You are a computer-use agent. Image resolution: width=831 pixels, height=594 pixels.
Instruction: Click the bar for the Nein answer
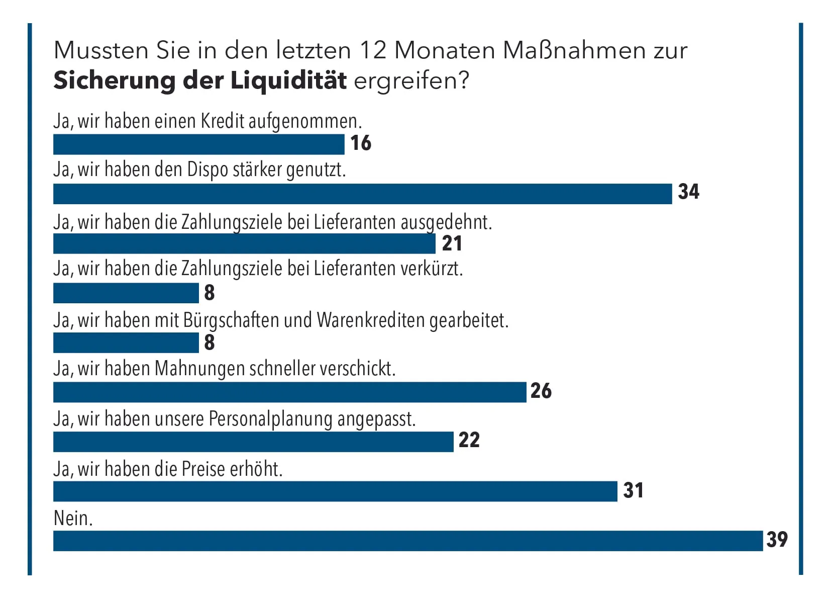point(407,541)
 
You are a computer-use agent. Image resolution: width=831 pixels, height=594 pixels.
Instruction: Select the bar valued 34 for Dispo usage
point(362,194)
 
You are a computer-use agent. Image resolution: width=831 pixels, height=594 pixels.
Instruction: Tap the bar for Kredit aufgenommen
point(198,144)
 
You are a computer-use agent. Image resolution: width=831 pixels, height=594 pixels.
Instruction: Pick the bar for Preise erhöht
point(335,491)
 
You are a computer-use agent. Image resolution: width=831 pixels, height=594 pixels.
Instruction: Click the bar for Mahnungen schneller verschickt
point(289,392)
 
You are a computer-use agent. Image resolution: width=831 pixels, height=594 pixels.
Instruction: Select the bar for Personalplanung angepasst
point(253,442)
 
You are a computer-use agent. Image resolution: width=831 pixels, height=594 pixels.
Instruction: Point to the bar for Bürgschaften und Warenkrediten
point(126,343)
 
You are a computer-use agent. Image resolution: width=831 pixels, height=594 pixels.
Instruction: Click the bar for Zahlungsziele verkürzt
point(126,293)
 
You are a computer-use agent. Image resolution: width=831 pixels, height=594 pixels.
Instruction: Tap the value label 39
point(777,540)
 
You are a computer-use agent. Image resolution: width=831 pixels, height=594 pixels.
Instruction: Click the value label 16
point(361,143)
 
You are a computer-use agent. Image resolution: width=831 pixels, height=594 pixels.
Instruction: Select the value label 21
point(452,243)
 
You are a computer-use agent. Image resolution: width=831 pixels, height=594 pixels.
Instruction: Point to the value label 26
point(541,391)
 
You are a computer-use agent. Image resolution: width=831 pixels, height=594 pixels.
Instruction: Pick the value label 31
point(633,490)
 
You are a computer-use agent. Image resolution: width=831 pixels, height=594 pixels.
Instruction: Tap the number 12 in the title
point(372,50)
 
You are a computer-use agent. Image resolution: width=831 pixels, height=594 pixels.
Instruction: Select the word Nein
point(73,518)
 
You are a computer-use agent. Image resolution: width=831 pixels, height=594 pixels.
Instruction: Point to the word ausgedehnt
point(446,222)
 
